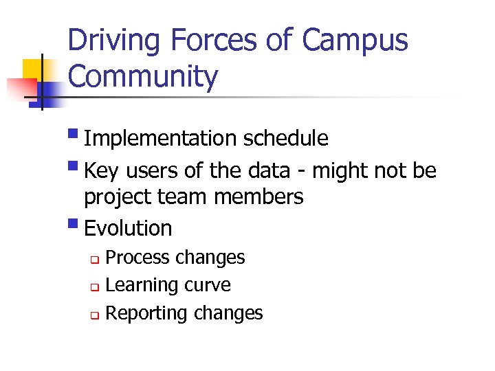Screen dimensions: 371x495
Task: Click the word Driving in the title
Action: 113,41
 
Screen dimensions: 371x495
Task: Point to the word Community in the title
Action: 143,77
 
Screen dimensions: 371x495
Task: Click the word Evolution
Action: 128,228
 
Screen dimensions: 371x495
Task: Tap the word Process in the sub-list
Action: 137,258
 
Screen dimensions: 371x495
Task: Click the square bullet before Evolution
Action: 74,223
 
